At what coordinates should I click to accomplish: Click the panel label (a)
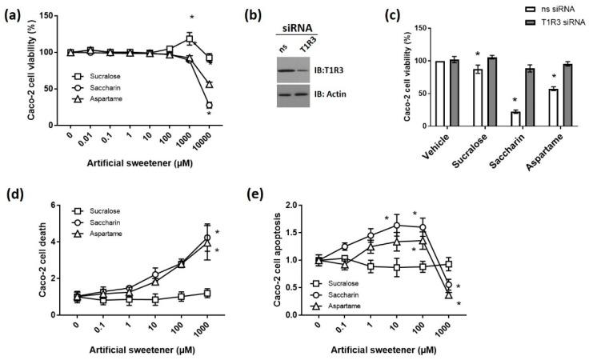coord(14,14)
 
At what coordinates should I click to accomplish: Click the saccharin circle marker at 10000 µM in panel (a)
coord(209,105)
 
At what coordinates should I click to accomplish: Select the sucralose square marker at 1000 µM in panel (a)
coord(190,39)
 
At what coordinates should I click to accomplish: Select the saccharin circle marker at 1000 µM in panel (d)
coord(207,238)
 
